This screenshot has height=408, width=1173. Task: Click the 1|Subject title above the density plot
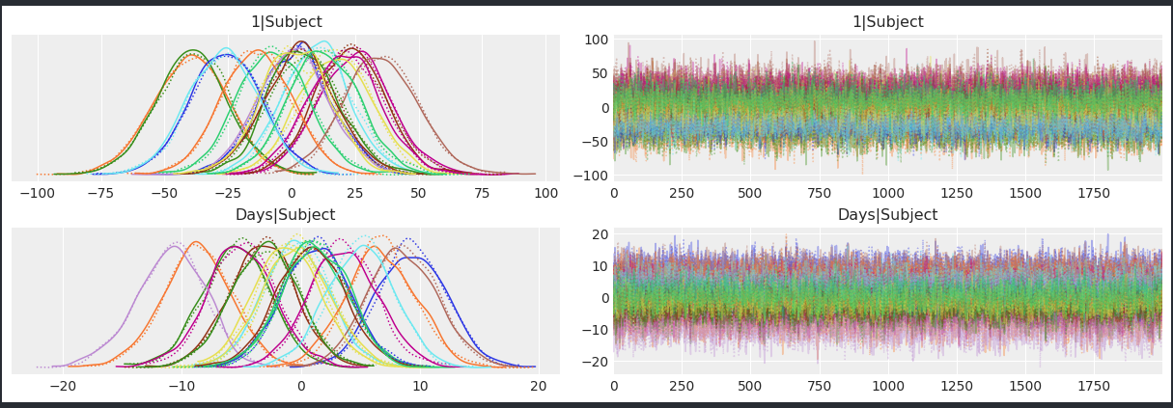pos(286,22)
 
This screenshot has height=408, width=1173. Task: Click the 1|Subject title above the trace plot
pos(887,22)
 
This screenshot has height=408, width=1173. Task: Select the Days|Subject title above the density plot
pos(286,215)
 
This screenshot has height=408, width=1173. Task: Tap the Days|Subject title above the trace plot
pos(887,215)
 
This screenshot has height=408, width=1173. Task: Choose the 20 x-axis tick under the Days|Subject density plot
pos(538,386)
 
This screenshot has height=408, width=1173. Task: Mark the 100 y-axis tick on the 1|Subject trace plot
pos(596,41)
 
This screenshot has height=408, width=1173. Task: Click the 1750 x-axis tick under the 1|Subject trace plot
pos(1093,193)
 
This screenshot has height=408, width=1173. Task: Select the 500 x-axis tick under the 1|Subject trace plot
pos(750,193)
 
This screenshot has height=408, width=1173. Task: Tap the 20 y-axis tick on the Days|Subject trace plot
pos(600,234)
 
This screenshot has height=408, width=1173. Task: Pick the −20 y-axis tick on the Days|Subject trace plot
pos(596,362)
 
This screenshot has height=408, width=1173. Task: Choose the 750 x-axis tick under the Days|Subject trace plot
pos(819,386)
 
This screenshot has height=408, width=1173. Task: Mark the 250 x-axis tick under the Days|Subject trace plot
pos(682,386)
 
